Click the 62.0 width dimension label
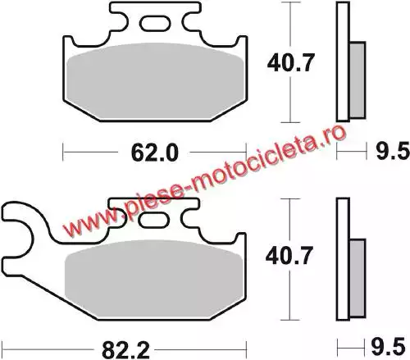point(154,153)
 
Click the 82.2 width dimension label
point(125,350)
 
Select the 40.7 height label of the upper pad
point(290,63)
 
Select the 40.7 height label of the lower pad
point(289,256)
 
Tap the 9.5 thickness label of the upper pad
point(393,151)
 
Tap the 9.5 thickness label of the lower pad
point(388,347)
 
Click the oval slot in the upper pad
point(155,24)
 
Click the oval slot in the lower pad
point(153,220)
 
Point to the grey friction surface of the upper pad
point(155,80)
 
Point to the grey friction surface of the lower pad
point(154,278)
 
